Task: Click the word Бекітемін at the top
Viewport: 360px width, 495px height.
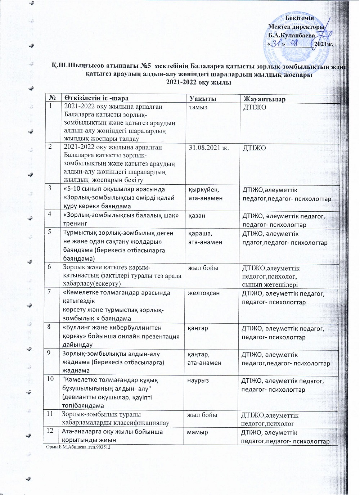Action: point(300,18)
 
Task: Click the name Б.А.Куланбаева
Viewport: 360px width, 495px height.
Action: point(292,35)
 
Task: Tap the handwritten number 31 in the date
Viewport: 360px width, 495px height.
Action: point(276,44)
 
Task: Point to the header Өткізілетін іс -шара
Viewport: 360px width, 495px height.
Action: point(96,98)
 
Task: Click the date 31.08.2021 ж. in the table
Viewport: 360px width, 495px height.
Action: point(209,147)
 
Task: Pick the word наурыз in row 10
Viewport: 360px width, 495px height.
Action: point(198,381)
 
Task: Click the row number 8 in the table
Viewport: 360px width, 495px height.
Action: point(48,328)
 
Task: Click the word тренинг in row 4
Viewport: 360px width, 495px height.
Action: point(75,224)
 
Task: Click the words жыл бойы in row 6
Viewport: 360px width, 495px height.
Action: point(203,267)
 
